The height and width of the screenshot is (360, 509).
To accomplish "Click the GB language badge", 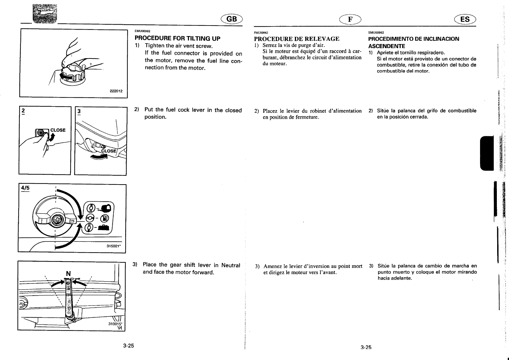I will (232, 19).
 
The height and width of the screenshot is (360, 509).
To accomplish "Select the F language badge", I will (350, 19).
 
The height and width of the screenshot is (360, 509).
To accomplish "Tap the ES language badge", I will (465, 19).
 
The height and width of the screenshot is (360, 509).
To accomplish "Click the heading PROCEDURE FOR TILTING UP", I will (177, 39).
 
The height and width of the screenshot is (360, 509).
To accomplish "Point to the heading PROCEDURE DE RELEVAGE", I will (297, 39).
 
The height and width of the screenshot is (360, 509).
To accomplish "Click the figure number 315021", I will (114, 247).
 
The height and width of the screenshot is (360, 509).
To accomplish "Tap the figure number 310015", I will (114, 324).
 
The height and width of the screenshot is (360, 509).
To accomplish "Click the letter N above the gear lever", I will (68, 274).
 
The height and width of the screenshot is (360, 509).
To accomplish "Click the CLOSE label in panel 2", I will (58, 130).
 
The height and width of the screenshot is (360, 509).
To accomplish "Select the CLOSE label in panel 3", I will (108, 151).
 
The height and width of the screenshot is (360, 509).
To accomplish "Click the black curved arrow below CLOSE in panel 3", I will (99, 157).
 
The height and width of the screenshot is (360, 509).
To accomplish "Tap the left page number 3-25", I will (128, 346).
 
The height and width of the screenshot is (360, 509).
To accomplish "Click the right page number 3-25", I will (366, 348).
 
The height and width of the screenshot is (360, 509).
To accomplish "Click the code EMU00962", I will (142, 31).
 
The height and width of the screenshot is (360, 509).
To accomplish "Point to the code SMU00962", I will (376, 33).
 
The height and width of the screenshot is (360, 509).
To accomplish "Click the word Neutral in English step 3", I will (231, 265).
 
